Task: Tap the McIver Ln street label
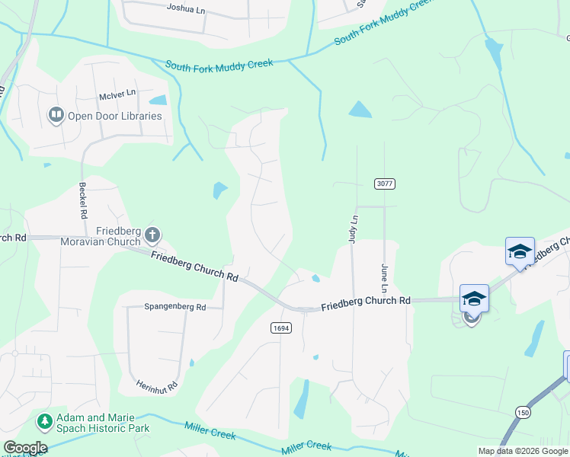pyautogui.click(x=117, y=94)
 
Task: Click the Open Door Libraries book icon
pyautogui.click(x=56, y=116)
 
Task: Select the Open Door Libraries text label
pyautogui.click(x=115, y=116)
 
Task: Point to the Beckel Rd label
pyautogui.click(x=82, y=200)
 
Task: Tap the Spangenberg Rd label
pyautogui.click(x=175, y=308)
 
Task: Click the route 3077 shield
pyautogui.click(x=384, y=184)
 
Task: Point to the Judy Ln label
pyautogui.click(x=353, y=228)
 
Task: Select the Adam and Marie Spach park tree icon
pyautogui.click(x=45, y=421)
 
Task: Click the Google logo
pyautogui.click(x=25, y=448)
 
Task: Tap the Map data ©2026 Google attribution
pyautogui.click(x=523, y=451)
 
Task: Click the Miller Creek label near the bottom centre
pyautogui.click(x=306, y=447)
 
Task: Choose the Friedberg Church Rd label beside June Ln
pyautogui.click(x=366, y=302)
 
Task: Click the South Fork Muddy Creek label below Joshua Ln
pyautogui.click(x=219, y=65)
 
